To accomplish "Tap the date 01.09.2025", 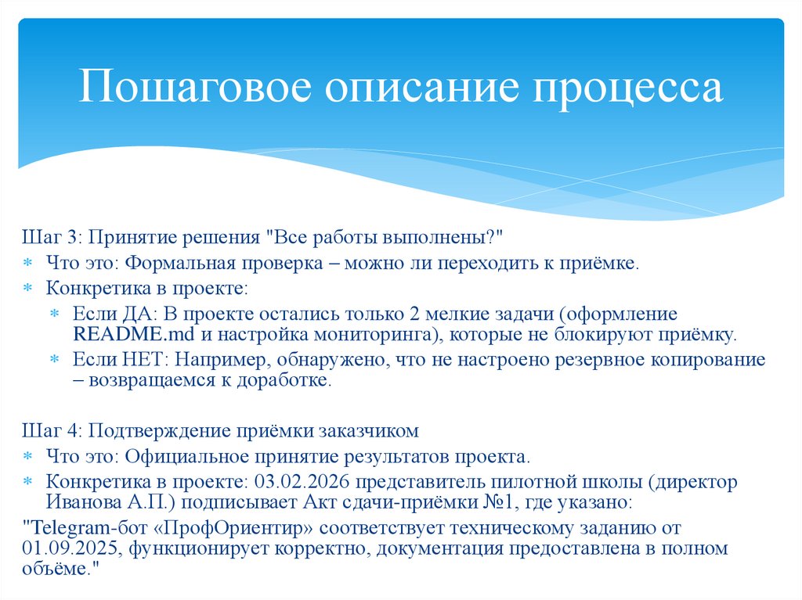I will [70, 548].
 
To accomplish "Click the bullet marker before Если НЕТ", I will [55, 360].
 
